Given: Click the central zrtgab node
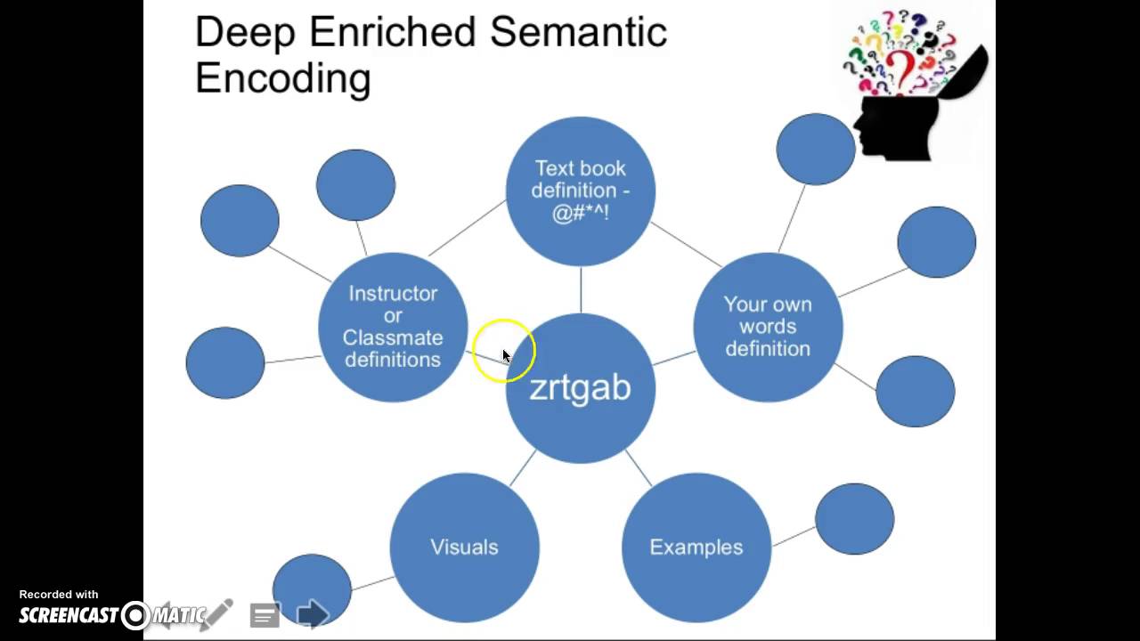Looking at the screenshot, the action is point(580,388).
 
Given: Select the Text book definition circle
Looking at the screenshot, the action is point(580,191).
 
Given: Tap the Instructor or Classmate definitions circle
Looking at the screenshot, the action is point(393,327).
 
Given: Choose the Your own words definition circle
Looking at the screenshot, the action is point(768,327).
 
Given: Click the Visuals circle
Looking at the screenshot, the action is point(464,548).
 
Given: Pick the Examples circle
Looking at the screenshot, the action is point(696,548).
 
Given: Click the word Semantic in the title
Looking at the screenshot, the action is point(578,31).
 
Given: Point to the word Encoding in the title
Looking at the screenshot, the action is point(283,79).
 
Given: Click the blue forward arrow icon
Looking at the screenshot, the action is point(313,613).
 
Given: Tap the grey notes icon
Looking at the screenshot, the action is point(265,615).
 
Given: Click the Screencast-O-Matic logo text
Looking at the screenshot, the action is point(112,615).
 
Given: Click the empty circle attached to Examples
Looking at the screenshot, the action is point(854,519).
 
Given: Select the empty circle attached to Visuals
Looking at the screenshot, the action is point(312,590).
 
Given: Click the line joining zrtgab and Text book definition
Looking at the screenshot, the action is point(581,290).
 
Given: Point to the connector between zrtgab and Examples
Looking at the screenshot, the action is point(639,468).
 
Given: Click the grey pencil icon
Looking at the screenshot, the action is point(217,613).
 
